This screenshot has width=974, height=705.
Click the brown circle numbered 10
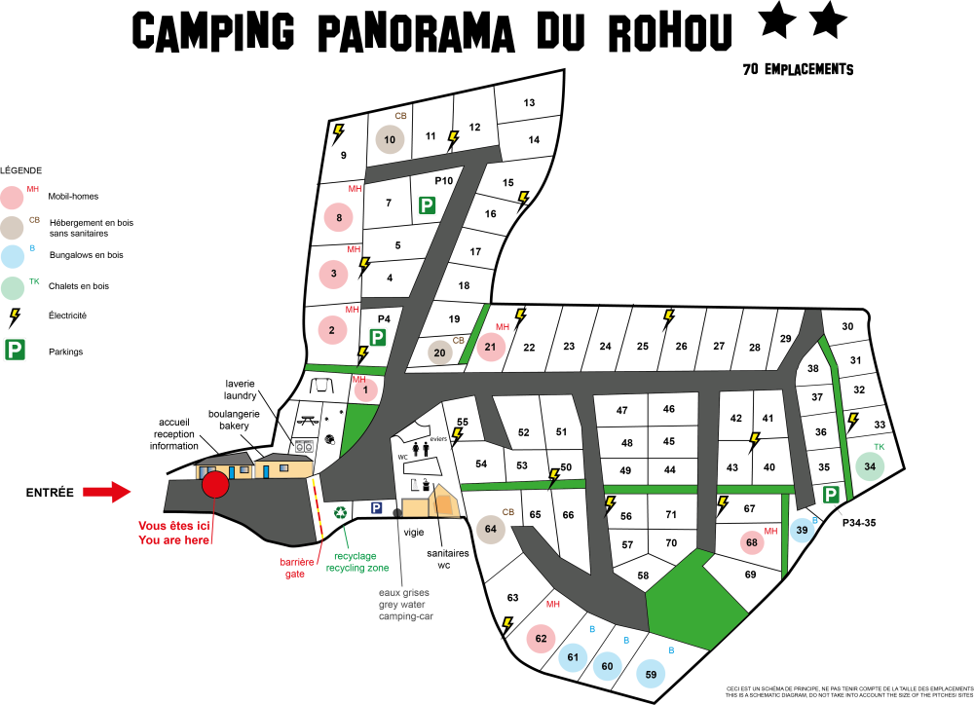(390, 139)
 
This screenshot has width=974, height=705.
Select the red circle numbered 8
(338, 217)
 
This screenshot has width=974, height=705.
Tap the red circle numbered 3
(333, 274)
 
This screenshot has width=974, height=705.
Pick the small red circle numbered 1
(365, 390)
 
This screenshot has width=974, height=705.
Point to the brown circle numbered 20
(439, 352)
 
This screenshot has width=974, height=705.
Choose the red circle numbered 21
(491, 347)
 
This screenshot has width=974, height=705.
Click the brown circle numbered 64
(490, 530)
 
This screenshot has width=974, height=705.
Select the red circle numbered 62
(541, 639)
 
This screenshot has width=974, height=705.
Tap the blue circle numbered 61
(573, 657)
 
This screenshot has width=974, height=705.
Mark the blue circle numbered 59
(651, 673)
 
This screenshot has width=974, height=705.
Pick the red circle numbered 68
(752, 542)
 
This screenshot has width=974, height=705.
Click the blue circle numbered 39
(802, 530)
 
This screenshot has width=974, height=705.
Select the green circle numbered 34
(870, 466)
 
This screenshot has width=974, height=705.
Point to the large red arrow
(107, 492)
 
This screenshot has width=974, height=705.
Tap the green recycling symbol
(340, 512)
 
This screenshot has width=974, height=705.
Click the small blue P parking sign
(376, 507)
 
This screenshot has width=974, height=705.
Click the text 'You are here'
(174, 540)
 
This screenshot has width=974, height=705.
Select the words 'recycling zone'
(357, 568)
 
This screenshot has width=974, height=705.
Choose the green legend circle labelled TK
(13, 288)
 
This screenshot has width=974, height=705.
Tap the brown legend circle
(12, 228)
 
